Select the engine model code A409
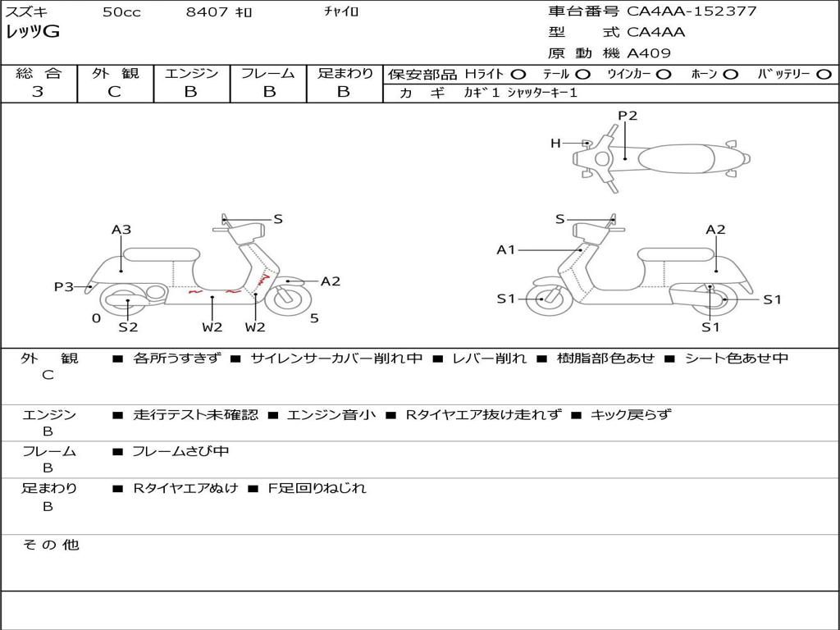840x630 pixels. pos(649,53)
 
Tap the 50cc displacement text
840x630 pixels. pos(121,12)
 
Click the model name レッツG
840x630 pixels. pos(33,32)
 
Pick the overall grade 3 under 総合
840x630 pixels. pos(38,92)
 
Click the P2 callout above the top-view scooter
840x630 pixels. pos(628,116)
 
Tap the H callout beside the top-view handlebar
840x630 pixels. pos(555,144)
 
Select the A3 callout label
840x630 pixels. pos(121,230)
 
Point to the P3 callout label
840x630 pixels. pos(64,286)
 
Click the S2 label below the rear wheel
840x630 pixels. pos(128,327)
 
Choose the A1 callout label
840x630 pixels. pos(506,249)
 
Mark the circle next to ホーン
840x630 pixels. pos(730,74)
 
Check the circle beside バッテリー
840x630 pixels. pos(824,74)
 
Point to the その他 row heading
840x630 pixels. pos(50,545)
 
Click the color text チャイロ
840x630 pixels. pos(342,12)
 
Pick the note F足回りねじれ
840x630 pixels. pos(317,488)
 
